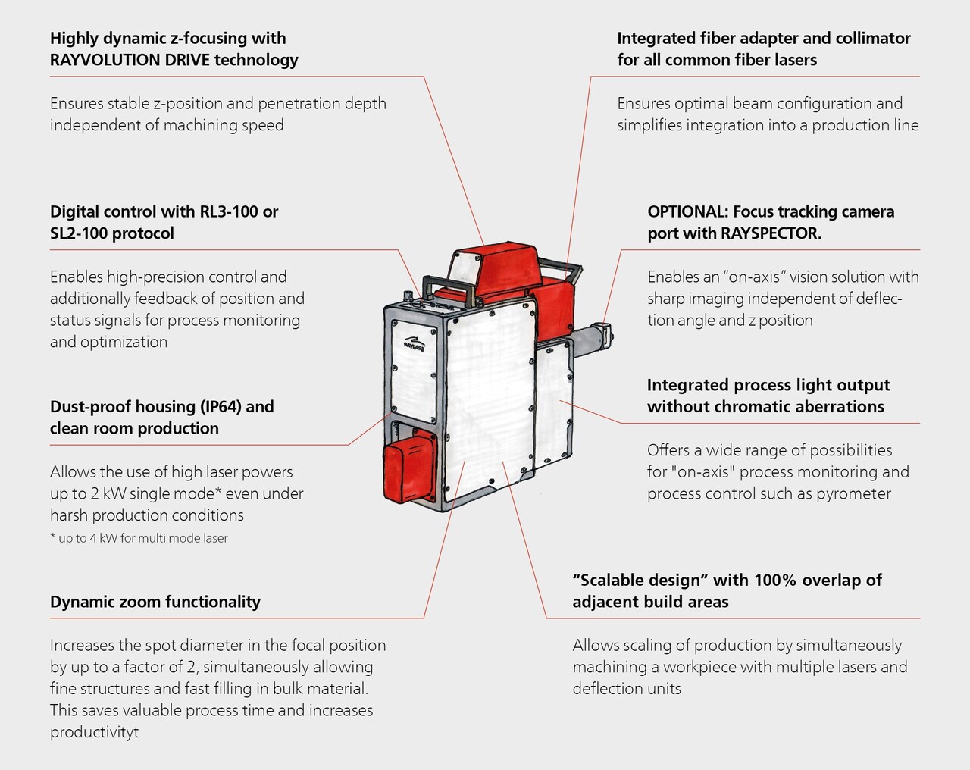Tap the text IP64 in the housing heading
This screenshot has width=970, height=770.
pyautogui.click(x=221, y=407)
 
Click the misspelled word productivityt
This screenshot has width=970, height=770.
pyautogui.click(x=95, y=732)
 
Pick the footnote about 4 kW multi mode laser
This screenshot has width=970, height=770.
pyautogui.click(x=139, y=538)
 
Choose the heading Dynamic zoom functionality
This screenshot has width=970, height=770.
pyautogui.click(x=155, y=602)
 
